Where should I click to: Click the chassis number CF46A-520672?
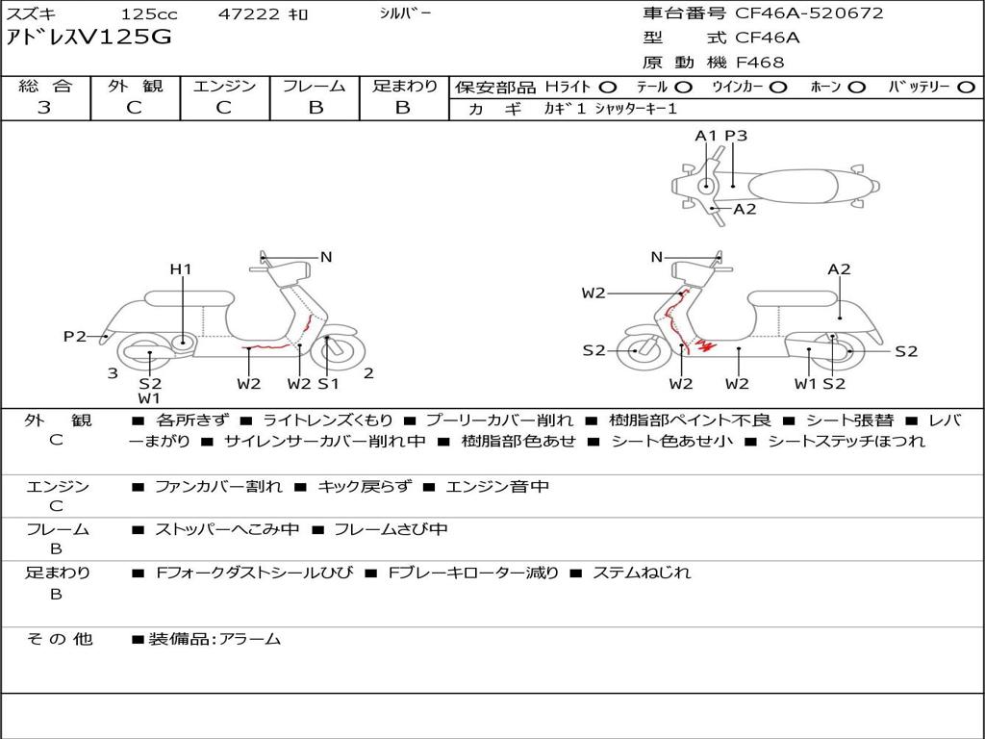(x=809, y=13)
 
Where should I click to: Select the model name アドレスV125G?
(x=88, y=38)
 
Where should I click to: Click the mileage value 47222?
(x=249, y=13)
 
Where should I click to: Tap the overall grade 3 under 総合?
(x=44, y=107)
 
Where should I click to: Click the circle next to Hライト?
(x=608, y=88)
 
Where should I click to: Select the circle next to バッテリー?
(x=966, y=88)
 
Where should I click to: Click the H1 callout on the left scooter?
(x=181, y=269)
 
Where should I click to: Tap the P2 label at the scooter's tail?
(x=75, y=337)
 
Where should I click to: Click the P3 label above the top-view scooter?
(x=736, y=136)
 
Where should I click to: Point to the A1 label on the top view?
(x=706, y=136)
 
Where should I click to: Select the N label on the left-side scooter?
(x=326, y=257)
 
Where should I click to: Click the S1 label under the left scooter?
(x=329, y=383)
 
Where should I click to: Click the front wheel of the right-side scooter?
(x=640, y=350)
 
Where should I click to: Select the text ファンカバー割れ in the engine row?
(x=218, y=486)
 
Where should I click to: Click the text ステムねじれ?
(x=642, y=573)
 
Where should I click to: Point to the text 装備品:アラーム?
(x=215, y=640)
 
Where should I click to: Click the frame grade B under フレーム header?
(x=316, y=108)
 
